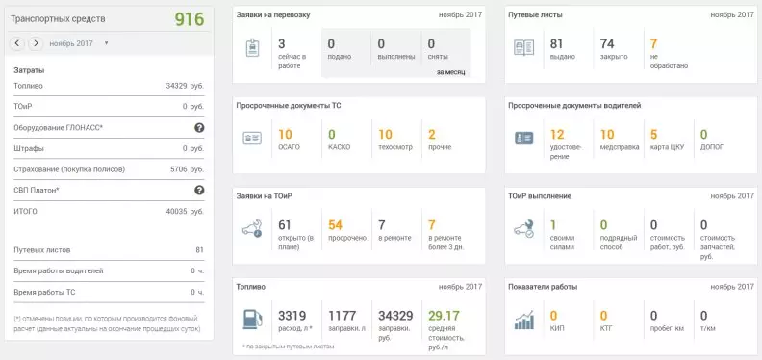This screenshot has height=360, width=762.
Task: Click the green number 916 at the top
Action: click(189, 19)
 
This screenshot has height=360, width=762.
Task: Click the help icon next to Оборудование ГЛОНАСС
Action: click(199, 127)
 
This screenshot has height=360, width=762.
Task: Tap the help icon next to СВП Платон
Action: click(199, 190)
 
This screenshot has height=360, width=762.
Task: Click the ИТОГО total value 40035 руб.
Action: click(185, 211)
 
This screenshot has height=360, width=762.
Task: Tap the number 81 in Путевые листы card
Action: click(556, 43)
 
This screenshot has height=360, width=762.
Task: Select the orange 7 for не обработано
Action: click(653, 43)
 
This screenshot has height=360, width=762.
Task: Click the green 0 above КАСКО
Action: click(332, 134)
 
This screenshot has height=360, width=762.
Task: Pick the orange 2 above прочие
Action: click(432, 134)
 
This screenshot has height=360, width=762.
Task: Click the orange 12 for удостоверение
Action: click(556, 134)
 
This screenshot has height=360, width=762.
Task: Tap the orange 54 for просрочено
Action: click(336, 224)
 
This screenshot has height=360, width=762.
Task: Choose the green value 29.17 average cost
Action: click(444, 315)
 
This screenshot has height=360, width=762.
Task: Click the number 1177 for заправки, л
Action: click(343, 315)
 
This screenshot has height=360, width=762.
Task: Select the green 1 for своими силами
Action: click(552, 224)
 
